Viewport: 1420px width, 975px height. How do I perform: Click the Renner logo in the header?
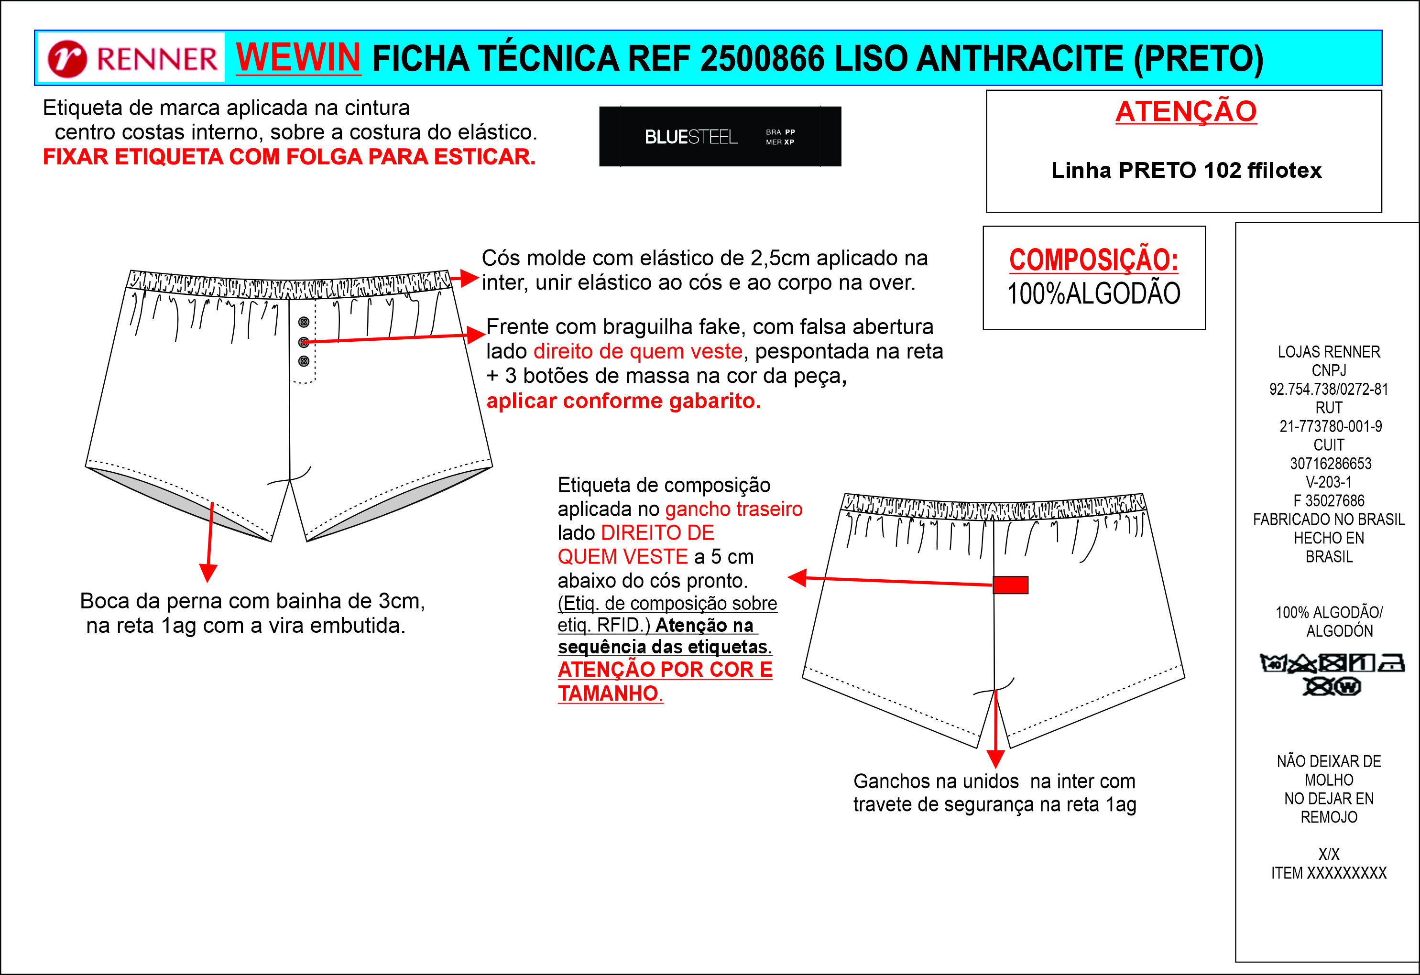tap(132, 59)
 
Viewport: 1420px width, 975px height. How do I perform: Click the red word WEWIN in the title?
tap(298, 57)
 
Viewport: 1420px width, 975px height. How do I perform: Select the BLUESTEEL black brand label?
tap(720, 136)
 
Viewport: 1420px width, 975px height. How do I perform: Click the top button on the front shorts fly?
tap(304, 322)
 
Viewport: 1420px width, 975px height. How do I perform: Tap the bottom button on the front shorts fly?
tap(304, 361)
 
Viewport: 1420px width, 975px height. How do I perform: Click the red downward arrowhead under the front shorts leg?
tap(208, 573)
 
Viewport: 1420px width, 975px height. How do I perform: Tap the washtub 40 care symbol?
tap(1273, 663)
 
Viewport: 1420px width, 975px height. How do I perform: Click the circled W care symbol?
tap(1348, 687)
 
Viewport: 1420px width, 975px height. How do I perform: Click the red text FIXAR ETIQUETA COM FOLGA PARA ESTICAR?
tap(289, 157)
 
